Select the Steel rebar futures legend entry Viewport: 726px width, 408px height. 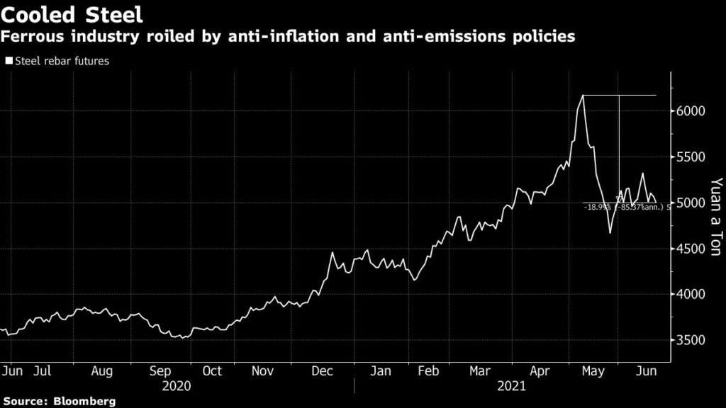click(x=57, y=61)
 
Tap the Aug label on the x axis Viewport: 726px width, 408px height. click(x=102, y=370)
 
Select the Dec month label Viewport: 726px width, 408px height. click(x=323, y=370)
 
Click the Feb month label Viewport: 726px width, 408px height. click(x=428, y=370)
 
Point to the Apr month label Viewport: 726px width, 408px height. click(x=541, y=370)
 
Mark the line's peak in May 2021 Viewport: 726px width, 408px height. click(x=583, y=95)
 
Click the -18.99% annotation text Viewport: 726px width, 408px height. click(x=598, y=208)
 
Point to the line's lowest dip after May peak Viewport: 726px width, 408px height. click(x=610, y=232)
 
